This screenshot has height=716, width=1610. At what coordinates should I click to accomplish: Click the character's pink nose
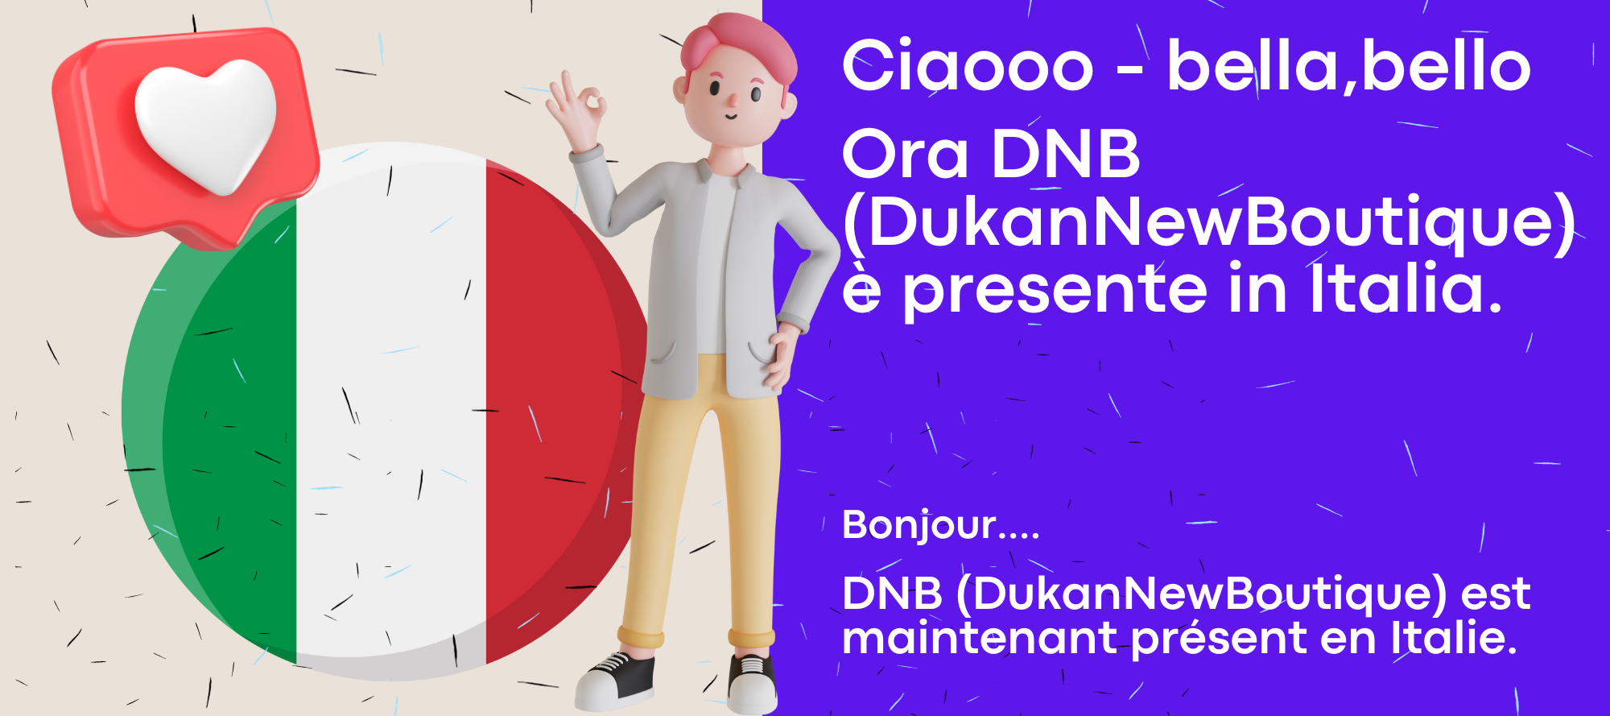(732, 100)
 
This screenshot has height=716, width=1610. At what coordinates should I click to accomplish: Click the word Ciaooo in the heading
(968, 66)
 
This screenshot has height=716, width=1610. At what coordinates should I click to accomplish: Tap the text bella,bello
(1348, 66)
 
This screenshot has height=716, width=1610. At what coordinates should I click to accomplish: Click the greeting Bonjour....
(940, 525)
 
